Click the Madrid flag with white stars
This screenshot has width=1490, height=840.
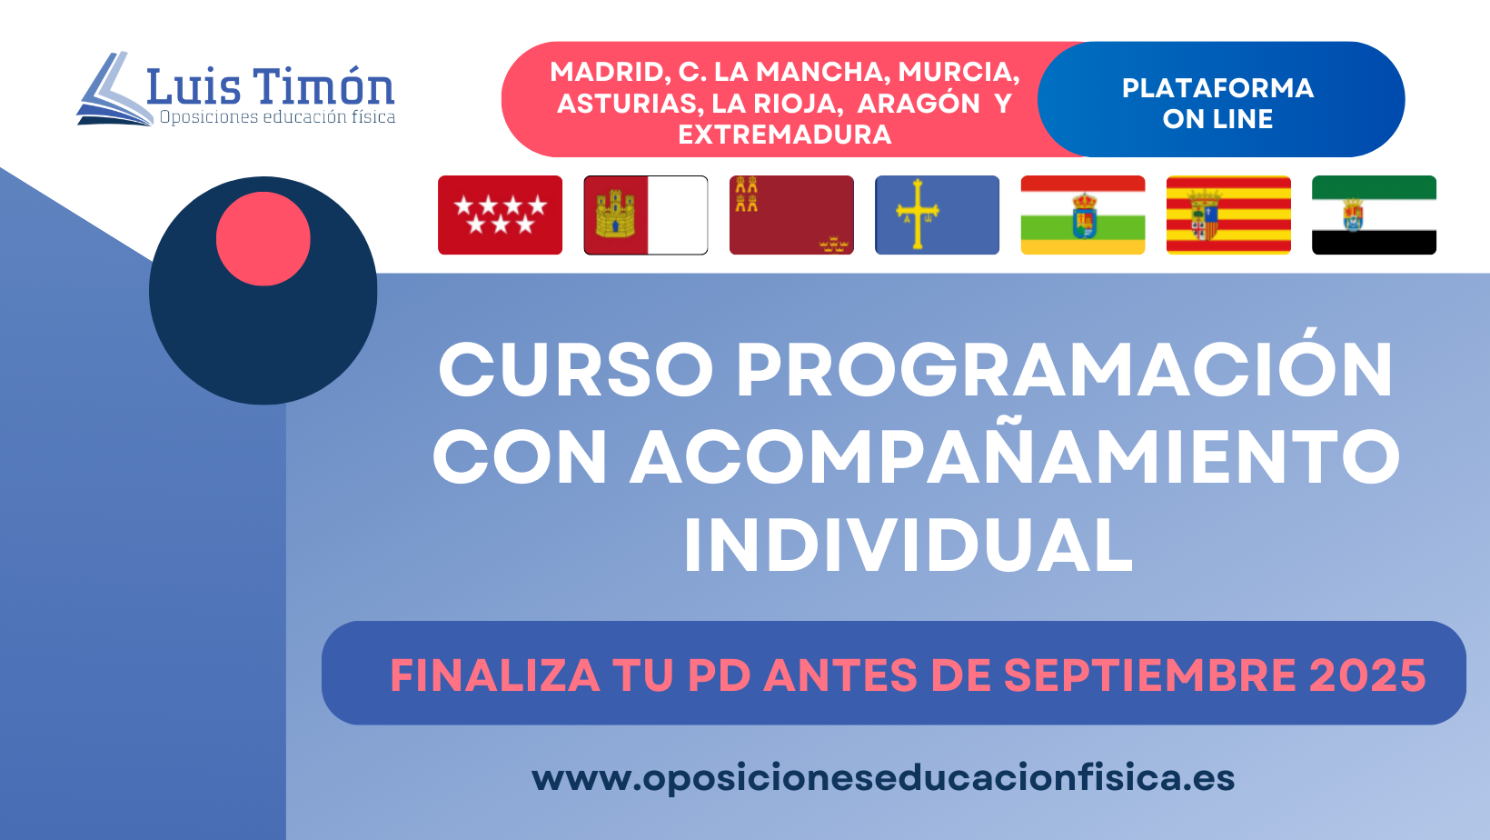tap(501, 215)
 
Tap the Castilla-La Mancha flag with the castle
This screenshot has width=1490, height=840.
tap(646, 215)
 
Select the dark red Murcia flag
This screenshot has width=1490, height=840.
tap(791, 215)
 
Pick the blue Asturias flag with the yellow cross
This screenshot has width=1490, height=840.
tap(938, 215)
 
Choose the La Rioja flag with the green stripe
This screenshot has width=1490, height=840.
tap(1083, 215)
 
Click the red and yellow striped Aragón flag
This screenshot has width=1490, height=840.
tap(1228, 215)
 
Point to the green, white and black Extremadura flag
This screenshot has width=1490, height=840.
tap(1375, 215)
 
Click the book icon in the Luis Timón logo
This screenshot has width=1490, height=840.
tap(113, 89)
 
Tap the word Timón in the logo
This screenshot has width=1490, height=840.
tap(325, 86)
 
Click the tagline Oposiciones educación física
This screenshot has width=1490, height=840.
tap(277, 117)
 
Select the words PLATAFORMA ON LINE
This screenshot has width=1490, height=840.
tap(1218, 103)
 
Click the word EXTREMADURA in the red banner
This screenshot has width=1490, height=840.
tap(785, 135)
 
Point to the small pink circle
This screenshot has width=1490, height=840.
tap(263, 239)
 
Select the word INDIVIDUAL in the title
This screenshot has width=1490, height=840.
tap(909, 545)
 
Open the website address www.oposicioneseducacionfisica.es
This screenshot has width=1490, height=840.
tap(883, 778)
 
